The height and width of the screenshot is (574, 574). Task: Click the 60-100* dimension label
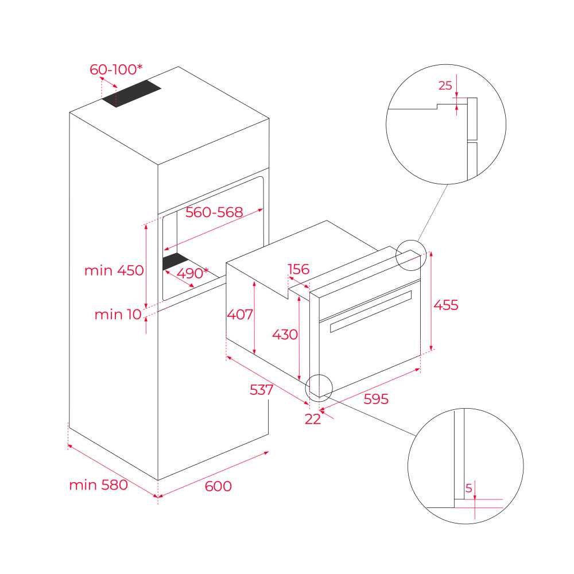116,69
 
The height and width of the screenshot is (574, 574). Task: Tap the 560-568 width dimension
214,212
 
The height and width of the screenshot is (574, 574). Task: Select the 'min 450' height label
114,270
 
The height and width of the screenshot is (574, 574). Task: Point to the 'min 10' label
118,314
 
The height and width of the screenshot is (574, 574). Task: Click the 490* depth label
192,273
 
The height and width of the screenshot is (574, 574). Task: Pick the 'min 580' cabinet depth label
99,484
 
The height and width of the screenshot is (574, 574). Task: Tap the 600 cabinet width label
218,486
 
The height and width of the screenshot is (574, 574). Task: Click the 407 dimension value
240,314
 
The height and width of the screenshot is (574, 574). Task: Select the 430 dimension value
285,334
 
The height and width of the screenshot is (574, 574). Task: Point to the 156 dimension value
298,269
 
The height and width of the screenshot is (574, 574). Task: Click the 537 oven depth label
261,390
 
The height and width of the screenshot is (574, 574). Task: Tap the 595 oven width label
376,399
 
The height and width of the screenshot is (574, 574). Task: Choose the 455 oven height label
446,305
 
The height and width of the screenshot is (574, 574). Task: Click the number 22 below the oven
313,419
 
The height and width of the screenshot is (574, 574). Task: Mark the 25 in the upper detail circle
445,86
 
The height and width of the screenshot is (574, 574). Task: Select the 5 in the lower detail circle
468,488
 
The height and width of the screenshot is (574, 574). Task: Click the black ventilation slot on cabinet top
131,94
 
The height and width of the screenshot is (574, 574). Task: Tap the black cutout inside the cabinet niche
175,261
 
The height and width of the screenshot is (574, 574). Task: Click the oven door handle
371,312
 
